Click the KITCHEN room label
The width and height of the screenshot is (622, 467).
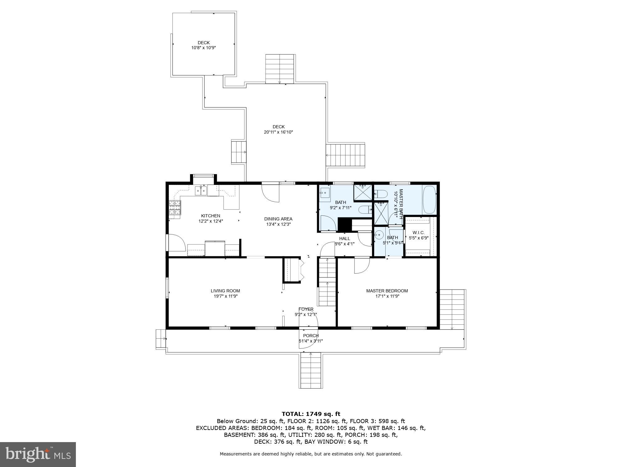point(211,216)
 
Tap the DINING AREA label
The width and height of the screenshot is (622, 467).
point(278,219)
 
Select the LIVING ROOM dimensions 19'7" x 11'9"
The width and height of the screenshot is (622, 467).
point(225,296)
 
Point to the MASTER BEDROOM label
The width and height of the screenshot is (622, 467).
point(387,291)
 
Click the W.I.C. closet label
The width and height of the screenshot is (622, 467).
point(418,233)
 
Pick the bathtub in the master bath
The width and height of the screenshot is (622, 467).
point(429,200)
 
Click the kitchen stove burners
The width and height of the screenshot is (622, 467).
point(174,208)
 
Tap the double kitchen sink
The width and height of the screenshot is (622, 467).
point(201,191)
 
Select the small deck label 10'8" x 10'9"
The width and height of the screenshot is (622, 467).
point(203,48)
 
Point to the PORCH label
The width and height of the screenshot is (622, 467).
point(311,336)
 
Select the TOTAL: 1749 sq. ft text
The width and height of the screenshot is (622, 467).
point(311,414)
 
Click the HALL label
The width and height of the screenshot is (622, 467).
point(344,238)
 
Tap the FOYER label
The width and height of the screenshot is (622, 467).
point(306,309)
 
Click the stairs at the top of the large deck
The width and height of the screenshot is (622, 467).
point(280,69)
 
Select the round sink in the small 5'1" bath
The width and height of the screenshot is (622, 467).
point(379,235)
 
